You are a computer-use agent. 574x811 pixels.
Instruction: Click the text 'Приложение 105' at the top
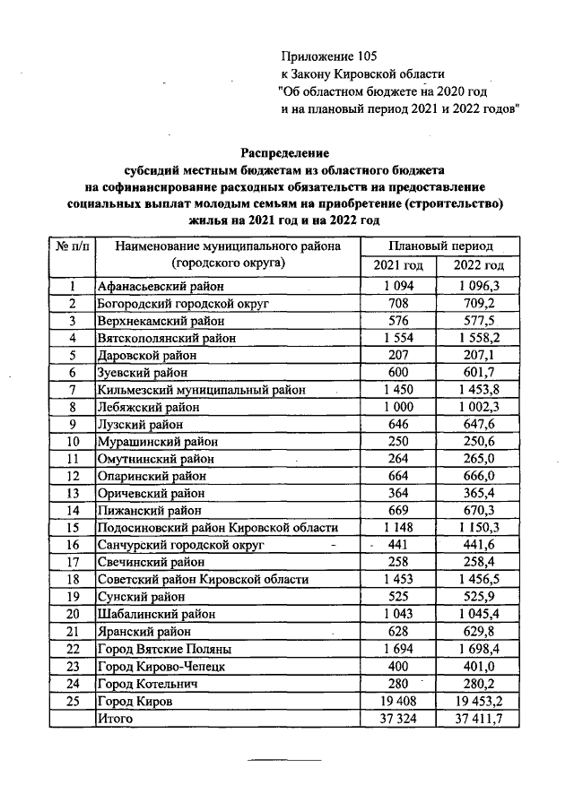click(325, 56)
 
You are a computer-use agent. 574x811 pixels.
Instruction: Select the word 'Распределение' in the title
click(285, 152)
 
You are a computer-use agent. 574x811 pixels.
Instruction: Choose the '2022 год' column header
click(479, 266)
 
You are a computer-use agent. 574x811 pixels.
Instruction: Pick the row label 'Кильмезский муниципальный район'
click(202, 390)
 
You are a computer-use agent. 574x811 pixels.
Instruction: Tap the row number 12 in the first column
click(74, 476)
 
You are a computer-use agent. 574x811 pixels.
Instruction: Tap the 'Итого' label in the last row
click(115, 718)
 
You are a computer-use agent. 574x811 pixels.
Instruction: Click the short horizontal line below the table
click(284, 760)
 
